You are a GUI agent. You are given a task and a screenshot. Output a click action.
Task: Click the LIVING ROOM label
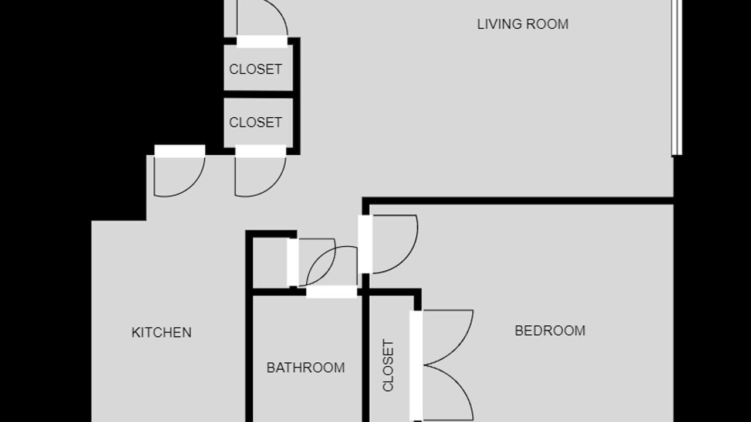(523, 25)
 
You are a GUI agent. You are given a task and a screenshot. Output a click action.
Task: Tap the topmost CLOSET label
(255, 69)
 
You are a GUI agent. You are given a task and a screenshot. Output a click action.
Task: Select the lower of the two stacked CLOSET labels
(255, 122)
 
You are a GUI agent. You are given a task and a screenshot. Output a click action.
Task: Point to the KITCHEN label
(161, 332)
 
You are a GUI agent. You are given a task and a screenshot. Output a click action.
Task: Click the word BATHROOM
(306, 367)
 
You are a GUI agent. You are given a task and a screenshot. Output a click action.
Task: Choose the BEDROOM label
(550, 331)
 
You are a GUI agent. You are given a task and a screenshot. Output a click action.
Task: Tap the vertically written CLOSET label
(388, 365)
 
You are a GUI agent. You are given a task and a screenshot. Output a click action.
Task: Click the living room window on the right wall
(677, 78)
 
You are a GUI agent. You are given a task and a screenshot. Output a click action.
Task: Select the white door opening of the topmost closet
(262, 42)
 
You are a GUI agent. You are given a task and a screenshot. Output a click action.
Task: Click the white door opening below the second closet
(261, 151)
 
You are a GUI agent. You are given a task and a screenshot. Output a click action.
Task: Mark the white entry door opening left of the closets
(180, 151)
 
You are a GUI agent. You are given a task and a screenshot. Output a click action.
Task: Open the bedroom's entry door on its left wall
(365, 244)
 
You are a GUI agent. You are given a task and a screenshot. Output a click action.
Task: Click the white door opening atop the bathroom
(331, 292)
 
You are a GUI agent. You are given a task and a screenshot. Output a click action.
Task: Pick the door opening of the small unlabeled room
(293, 263)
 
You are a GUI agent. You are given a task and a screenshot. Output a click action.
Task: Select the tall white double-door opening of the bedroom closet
(416, 366)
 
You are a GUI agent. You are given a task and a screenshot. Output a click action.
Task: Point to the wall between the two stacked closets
(259, 94)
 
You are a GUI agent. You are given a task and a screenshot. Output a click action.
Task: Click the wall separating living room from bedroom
(518, 201)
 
